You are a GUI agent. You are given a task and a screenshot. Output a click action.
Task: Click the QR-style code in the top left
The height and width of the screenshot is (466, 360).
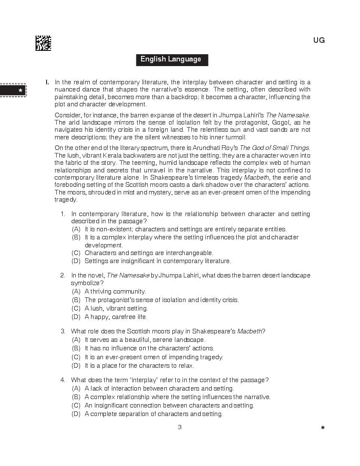(43, 43)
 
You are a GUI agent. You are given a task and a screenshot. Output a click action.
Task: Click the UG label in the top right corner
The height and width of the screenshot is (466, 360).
(319, 40)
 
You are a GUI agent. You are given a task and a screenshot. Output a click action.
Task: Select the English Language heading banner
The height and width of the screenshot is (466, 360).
(171, 59)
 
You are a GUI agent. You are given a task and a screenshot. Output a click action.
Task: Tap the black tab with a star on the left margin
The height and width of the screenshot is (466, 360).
(13, 91)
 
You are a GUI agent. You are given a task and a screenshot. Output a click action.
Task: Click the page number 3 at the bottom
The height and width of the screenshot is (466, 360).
(180, 427)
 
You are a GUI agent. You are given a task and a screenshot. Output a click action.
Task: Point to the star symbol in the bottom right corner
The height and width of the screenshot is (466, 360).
(323, 428)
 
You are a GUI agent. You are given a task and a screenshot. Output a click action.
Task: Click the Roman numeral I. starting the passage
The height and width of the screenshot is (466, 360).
(47, 82)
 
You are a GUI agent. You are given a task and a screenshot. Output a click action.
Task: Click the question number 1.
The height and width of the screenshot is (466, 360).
(62, 214)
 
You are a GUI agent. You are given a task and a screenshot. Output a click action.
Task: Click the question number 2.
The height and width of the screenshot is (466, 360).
(62, 275)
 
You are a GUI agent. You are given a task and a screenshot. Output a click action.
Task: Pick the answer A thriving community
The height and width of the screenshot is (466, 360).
(115, 291)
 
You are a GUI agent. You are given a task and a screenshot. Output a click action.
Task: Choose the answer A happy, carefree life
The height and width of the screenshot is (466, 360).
(116, 317)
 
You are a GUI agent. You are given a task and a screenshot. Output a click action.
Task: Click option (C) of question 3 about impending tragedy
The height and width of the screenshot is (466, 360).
(153, 357)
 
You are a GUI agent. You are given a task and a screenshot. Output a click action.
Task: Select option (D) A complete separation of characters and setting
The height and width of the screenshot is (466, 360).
(153, 414)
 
